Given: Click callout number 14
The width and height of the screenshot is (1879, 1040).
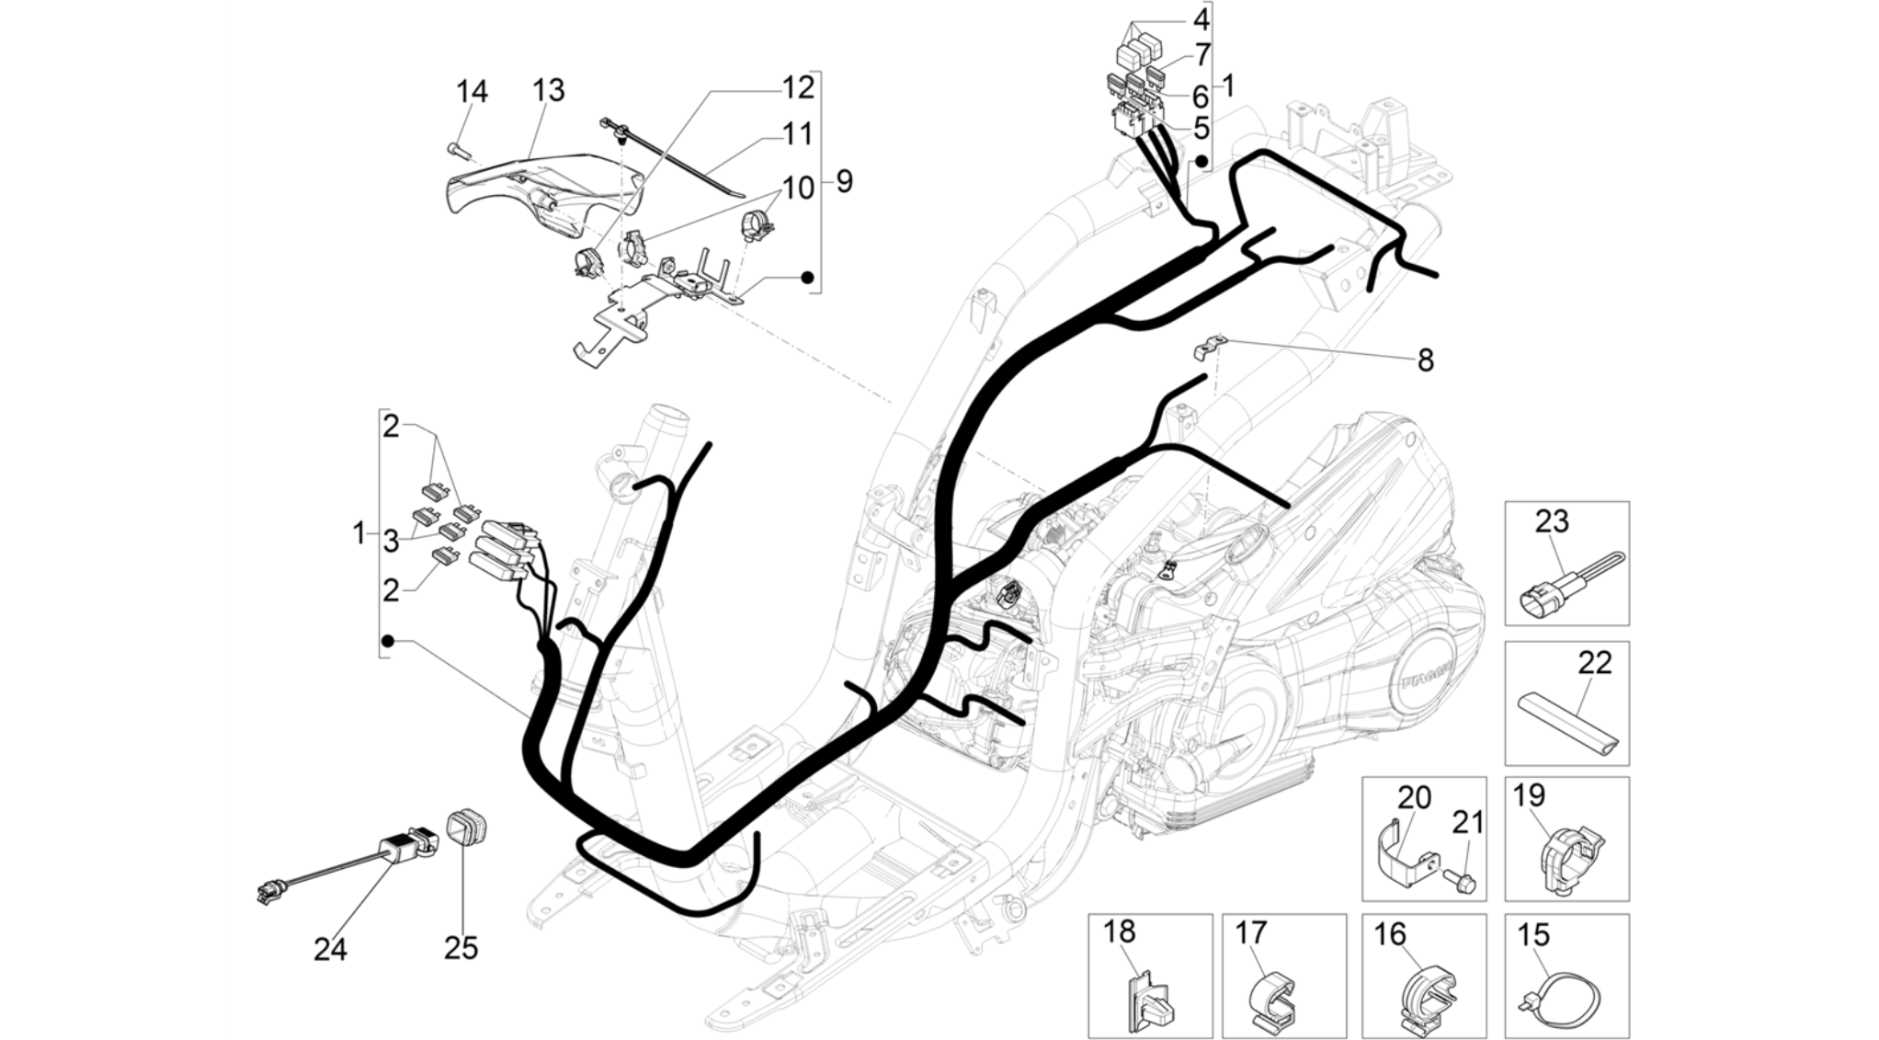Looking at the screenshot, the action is click(473, 91).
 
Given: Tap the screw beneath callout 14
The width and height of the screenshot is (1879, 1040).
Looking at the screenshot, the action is click(457, 149).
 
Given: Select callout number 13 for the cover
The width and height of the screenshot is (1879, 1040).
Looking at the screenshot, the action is click(549, 90).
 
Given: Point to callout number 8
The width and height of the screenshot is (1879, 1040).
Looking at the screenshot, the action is click(1425, 360).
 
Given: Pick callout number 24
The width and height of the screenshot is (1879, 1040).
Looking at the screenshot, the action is click(331, 948).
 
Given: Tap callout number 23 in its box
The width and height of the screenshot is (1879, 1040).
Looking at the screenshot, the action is click(1552, 521).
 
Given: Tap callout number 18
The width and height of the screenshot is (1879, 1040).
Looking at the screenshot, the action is click(1119, 931).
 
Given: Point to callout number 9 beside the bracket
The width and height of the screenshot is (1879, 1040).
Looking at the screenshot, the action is click(844, 181).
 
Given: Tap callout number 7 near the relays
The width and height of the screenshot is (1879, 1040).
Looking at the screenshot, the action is click(1201, 55).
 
